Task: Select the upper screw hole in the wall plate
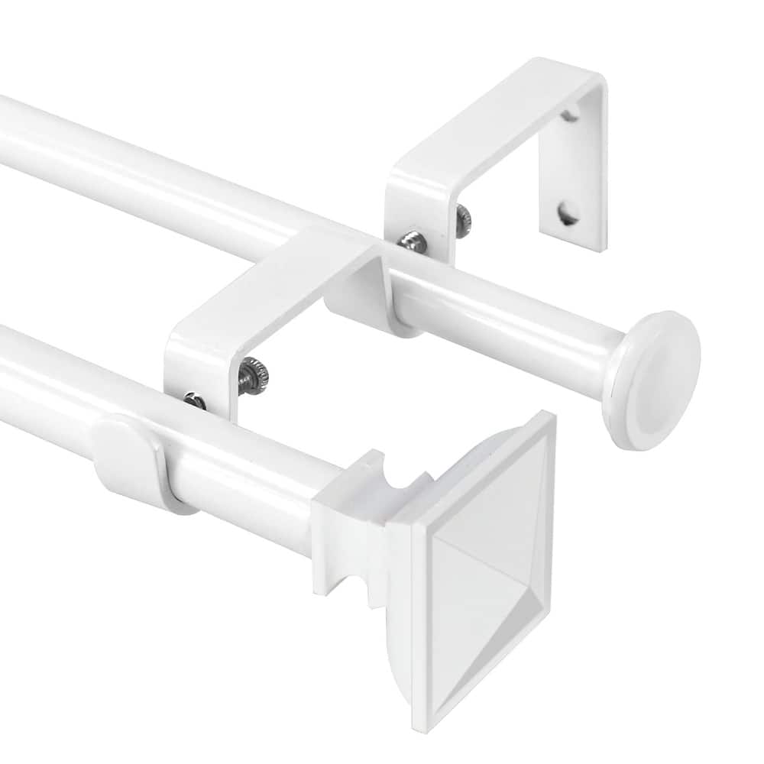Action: pyautogui.click(x=568, y=115)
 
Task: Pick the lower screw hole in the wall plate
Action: pyautogui.click(x=568, y=213)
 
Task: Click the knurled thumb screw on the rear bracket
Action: pyautogui.click(x=463, y=221)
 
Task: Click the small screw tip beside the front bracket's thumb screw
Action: pyautogui.click(x=195, y=400)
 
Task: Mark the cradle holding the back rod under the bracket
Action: pyautogui.click(x=359, y=294)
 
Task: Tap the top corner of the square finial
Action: pyautogui.click(x=549, y=416)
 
